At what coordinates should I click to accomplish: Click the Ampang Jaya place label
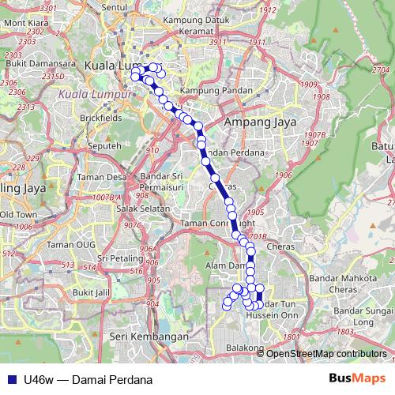tap(258, 122)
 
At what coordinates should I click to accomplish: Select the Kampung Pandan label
tap(210, 91)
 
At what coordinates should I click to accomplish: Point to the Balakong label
tap(244, 348)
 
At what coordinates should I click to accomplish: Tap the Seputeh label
tap(105, 146)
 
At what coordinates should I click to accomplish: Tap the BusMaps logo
tap(356, 378)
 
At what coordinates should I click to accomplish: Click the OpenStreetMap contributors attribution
tap(326, 353)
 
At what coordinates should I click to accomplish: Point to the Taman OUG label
tap(71, 244)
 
